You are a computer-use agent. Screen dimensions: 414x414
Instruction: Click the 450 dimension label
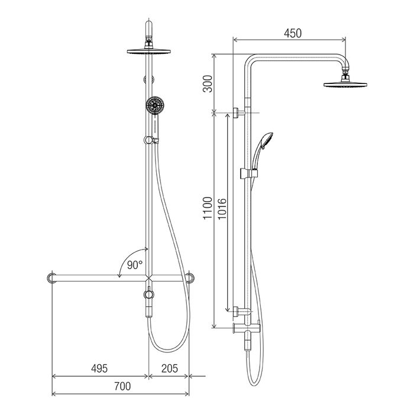pos(293,33)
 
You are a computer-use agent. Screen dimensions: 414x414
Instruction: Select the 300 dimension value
pos(208,84)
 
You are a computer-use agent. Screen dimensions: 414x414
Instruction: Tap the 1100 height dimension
pos(208,208)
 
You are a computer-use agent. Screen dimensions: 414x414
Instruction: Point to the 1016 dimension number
pos(222,209)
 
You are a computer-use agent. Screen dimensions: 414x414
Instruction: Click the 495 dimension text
pos(99,368)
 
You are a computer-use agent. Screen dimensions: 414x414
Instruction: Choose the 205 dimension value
pos(170,368)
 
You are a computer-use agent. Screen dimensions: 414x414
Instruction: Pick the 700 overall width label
pos(122,386)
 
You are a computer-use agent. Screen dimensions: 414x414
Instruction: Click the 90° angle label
pos(135,265)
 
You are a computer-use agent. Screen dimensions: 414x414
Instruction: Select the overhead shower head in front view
pos(148,51)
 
